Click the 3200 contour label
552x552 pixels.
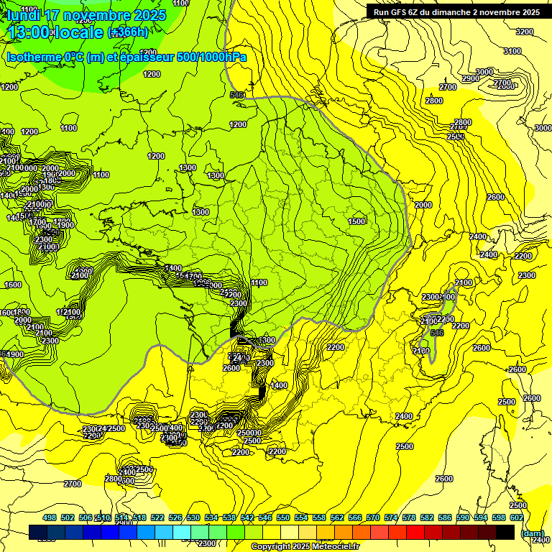[525, 32]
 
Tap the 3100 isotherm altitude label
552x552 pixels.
[512, 51]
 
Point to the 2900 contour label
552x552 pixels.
[470, 78]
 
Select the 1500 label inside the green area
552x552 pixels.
[356, 221]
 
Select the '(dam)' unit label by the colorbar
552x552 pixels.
[532, 533]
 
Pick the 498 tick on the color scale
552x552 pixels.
[50, 517]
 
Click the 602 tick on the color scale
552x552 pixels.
[517, 517]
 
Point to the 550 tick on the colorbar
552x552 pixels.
[283, 517]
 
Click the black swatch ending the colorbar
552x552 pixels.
[505, 532]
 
